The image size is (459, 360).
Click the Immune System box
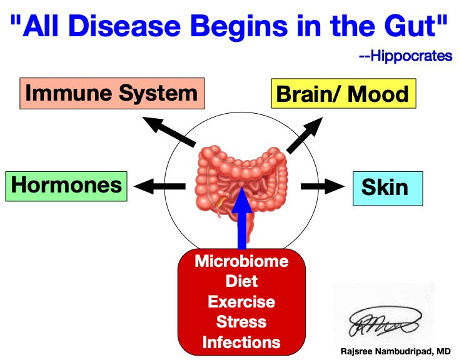pyautogui.click(x=111, y=94)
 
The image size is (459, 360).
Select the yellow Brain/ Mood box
pyautogui.click(x=343, y=94)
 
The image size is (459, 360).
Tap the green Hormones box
pyautogui.click(x=66, y=186)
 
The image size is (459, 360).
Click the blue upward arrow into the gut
pyautogui.click(x=242, y=219)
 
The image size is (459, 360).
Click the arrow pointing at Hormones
pyautogui.click(x=159, y=186)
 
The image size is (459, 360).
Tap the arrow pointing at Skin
pyautogui.click(x=322, y=186)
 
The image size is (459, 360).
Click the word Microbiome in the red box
pyautogui.click(x=241, y=261)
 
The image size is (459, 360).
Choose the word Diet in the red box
pyautogui.click(x=241, y=281)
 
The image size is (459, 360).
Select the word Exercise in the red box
pyautogui.click(x=241, y=301)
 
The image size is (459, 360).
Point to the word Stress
pyautogui.click(x=241, y=322)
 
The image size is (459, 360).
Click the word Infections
pyautogui.click(x=241, y=342)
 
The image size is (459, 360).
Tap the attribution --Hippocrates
pyautogui.click(x=405, y=56)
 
